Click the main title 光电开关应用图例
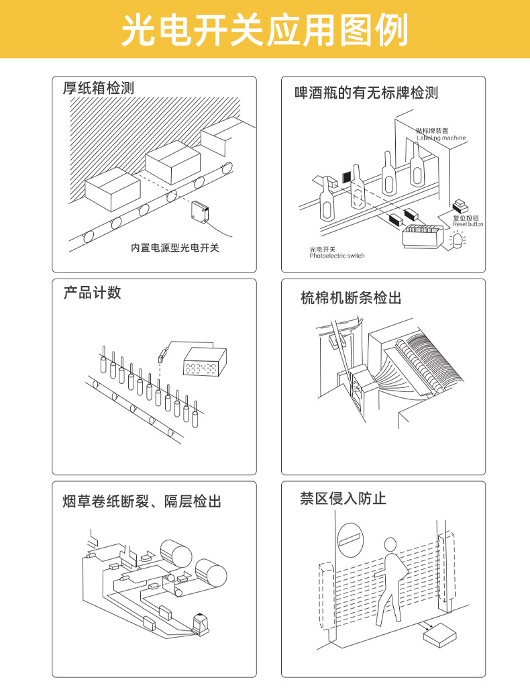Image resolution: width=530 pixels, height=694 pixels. (x=264, y=30)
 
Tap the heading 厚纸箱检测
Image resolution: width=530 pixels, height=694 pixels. (x=99, y=88)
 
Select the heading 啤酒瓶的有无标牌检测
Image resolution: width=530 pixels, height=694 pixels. (x=366, y=93)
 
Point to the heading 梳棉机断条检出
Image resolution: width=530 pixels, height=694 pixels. (x=351, y=297)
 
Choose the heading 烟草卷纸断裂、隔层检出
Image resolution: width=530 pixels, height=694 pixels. (x=142, y=501)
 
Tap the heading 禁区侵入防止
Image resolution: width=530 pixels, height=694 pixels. (x=343, y=498)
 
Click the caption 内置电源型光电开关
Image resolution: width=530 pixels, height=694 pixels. (x=175, y=248)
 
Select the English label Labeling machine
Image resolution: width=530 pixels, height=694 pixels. (x=441, y=138)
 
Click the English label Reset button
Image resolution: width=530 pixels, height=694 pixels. (x=468, y=224)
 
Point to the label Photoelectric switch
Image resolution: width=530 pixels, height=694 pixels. (x=337, y=256)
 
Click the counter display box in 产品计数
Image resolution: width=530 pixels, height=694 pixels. (x=205, y=362)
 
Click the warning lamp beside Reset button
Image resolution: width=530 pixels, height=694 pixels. (x=459, y=238)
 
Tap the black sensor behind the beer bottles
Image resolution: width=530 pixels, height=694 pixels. (x=347, y=177)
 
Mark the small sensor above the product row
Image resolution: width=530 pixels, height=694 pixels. (x=162, y=356)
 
